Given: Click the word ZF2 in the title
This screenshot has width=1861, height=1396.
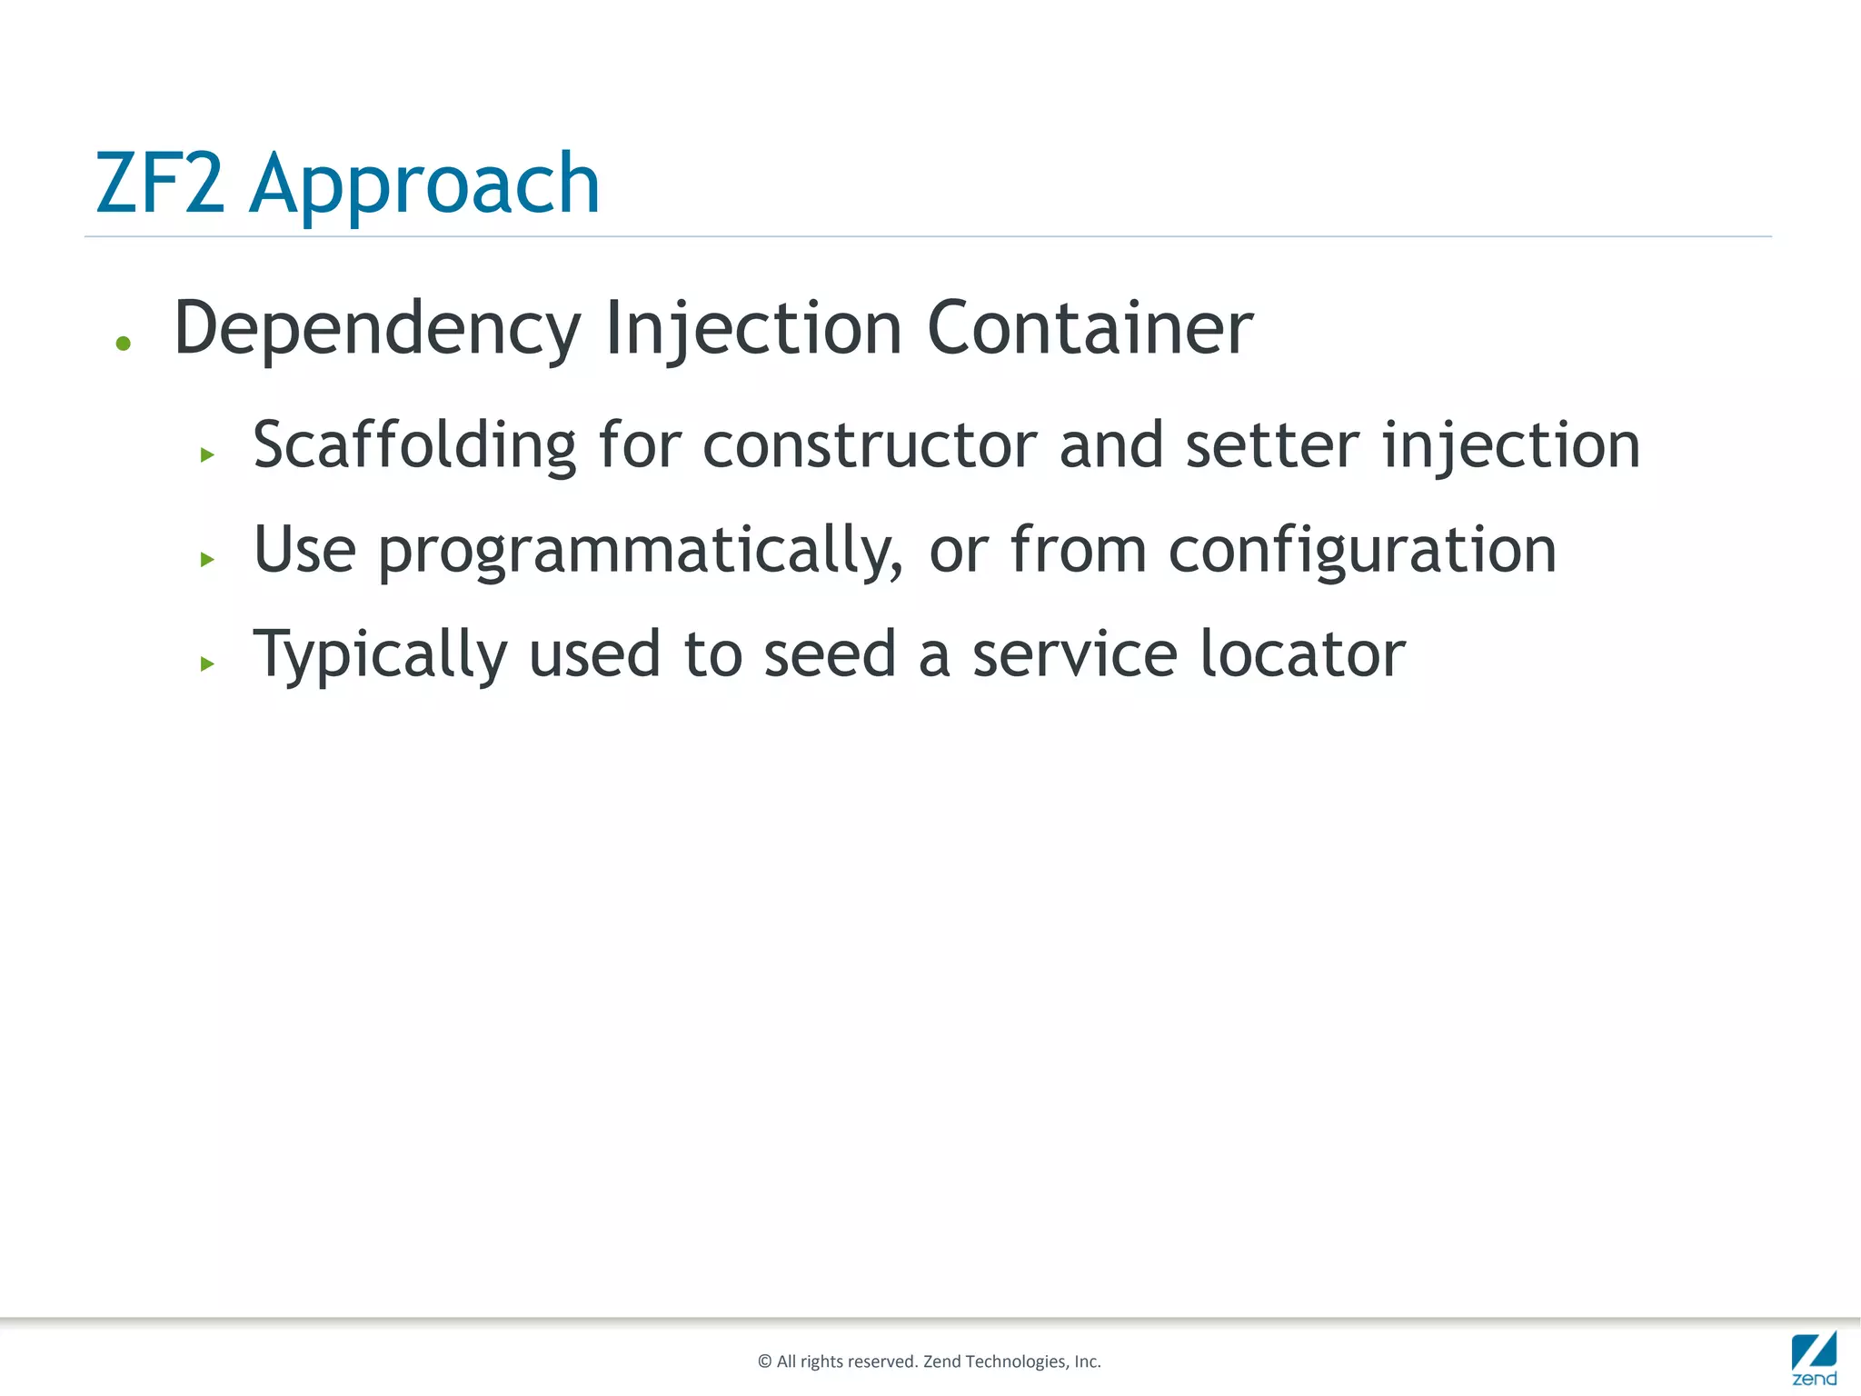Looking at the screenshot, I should (160, 184).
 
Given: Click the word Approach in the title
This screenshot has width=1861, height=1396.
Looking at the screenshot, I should (424, 187).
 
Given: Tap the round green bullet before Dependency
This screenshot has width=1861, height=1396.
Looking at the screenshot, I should (124, 344).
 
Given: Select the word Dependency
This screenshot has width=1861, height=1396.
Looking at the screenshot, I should (377, 329).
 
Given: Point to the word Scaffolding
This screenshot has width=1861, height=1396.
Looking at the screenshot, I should (414, 445).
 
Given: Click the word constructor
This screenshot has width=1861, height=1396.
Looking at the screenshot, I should (870, 445).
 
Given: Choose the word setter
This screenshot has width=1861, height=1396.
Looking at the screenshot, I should (1272, 445).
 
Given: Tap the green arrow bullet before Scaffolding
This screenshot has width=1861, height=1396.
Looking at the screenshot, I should (207, 454).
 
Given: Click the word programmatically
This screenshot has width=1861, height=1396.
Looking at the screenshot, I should (641, 551).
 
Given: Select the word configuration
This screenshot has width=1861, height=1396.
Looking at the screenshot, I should (1362, 551).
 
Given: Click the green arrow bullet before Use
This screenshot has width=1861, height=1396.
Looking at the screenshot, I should (207, 559).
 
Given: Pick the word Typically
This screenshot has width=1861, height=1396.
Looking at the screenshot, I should (380, 655).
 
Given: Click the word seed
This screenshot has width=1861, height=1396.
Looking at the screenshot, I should (830, 654).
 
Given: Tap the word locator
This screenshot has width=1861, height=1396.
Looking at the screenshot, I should (1302, 654).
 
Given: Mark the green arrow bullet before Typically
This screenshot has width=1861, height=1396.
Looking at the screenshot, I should (207, 663).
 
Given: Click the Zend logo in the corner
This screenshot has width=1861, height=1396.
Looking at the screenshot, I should (1814, 1358).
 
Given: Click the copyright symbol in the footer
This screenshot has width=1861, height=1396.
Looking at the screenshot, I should (764, 1361).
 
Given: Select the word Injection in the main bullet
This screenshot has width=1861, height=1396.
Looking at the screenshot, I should (753, 329).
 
